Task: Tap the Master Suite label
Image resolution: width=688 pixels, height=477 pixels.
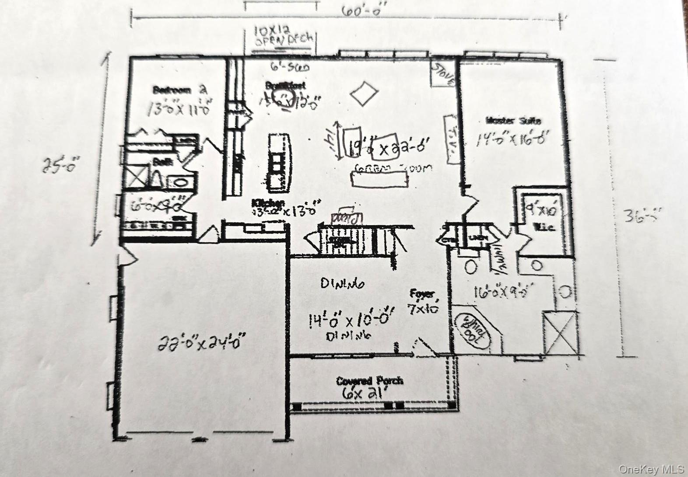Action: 514,121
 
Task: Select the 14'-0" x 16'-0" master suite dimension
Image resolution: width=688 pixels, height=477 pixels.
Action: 512,139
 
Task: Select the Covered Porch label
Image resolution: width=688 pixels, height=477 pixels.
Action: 369,381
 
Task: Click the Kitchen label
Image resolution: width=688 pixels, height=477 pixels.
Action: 268,203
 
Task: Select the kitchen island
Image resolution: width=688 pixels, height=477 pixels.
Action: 279,163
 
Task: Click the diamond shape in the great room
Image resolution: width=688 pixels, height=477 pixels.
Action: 365,94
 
